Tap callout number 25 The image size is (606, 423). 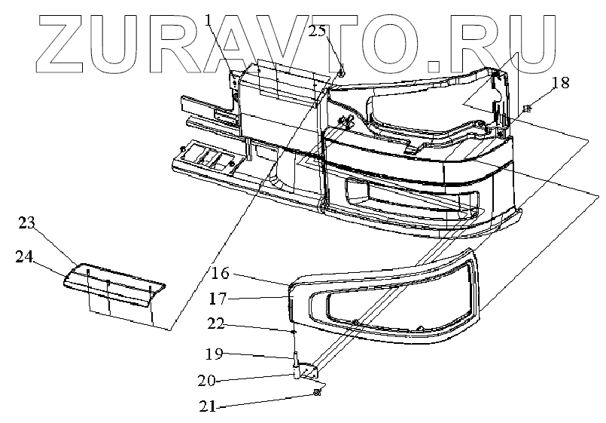tap(318, 32)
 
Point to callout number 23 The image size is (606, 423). tap(28, 222)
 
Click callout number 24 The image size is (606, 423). tap(23, 256)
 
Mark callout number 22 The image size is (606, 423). tap(216, 324)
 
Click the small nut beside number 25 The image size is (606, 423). tap(341, 73)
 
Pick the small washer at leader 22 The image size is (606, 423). tap(294, 331)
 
